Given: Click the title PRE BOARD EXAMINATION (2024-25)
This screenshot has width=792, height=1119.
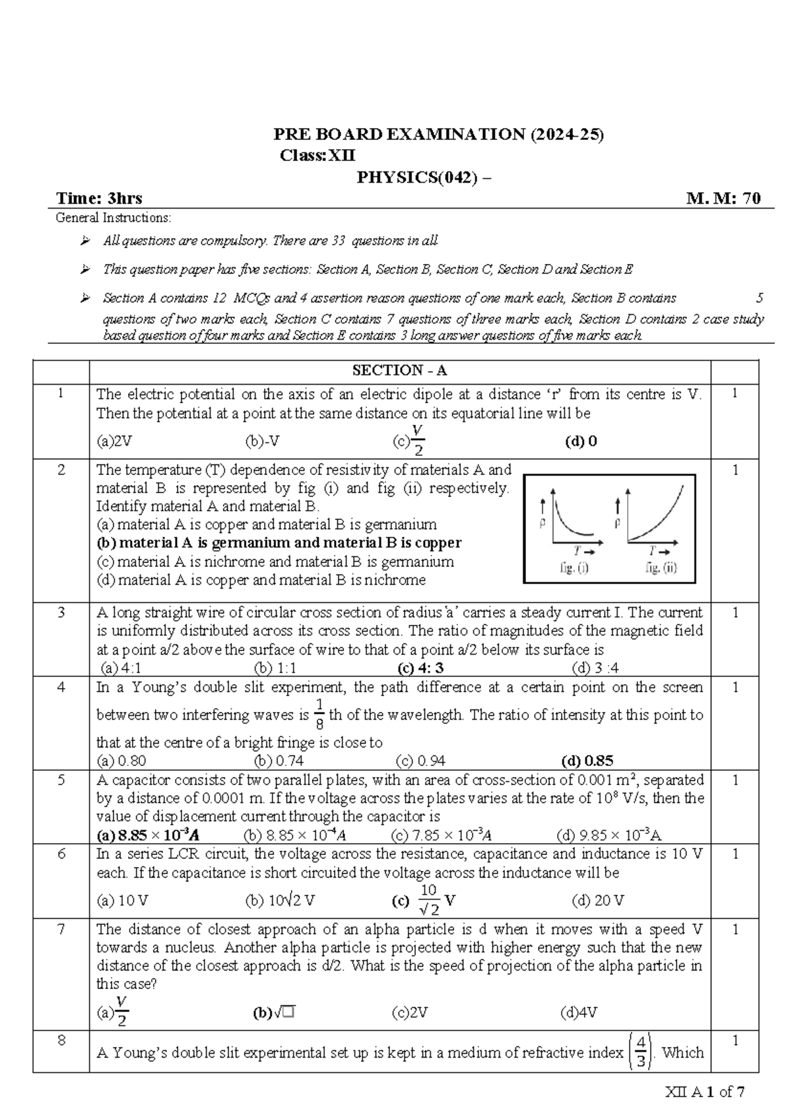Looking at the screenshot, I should (x=438, y=135).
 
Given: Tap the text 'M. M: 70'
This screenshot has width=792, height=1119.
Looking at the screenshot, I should (x=723, y=199).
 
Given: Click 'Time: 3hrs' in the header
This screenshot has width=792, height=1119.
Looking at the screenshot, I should (x=99, y=199).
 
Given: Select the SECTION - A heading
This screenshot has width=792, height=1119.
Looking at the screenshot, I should (x=399, y=370).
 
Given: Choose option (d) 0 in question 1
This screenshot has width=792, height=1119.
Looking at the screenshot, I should (x=581, y=441).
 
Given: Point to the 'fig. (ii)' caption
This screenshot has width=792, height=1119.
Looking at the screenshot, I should (x=661, y=568).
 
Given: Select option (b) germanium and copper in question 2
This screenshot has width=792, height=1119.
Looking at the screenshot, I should (x=279, y=543).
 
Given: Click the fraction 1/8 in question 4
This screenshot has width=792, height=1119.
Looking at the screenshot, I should (x=319, y=715).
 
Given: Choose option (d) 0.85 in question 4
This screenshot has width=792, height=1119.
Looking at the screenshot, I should (x=587, y=761).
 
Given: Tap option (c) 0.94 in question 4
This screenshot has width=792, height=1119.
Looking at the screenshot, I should (x=418, y=761).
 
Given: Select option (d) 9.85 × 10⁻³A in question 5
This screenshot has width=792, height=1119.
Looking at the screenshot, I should (x=609, y=835).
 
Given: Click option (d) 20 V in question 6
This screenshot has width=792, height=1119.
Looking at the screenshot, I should (x=598, y=900).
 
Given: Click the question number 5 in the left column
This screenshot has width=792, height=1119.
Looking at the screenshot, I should (x=61, y=780).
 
